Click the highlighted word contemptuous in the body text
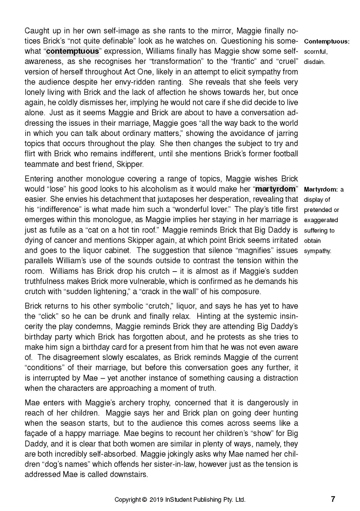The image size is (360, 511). [72, 51]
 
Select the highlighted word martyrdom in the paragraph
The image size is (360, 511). [275, 189]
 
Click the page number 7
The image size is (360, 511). [333, 499]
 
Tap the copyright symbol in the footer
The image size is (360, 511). [145, 500]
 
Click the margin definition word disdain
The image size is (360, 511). [314, 62]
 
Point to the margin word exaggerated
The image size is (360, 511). [321, 220]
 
